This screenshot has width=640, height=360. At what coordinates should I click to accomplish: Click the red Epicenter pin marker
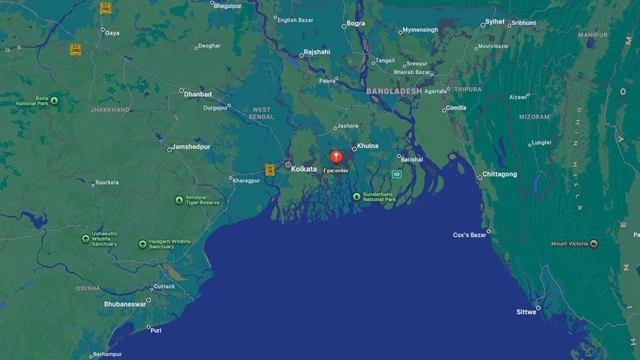pyautogui.click(x=336, y=156)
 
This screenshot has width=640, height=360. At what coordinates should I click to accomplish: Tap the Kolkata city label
pyautogui.click(x=303, y=169)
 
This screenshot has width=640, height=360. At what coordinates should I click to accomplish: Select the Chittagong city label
pyautogui.click(x=499, y=174)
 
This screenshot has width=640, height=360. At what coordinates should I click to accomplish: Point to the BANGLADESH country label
pyautogui.click(x=393, y=91)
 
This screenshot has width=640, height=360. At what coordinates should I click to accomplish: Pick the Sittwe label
pyautogui.click(x=526, y=312)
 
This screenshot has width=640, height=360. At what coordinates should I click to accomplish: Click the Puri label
pyautogui.click(x=155, y=330)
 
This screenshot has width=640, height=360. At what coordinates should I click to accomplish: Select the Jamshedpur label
pyautogui.click(x=191, y=147)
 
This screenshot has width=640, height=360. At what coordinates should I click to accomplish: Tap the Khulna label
pyautogui.click(x=367, y=146)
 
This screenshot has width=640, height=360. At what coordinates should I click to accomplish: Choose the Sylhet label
pyautogui.click(x=494, y=21)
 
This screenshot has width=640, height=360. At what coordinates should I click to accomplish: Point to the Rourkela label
pyautogui.click(x=106, y=183)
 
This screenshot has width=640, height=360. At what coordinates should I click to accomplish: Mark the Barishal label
pyautogui.click(x=411, y=159)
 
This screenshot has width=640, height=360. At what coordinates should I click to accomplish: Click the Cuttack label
pyautogui.click(x=164, y=286)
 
